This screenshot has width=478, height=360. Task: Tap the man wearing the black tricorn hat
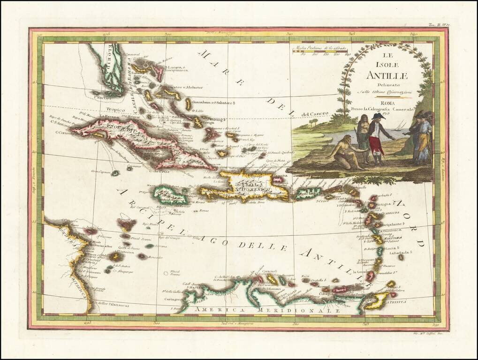(x=377, y=136)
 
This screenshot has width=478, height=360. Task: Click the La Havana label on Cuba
(x=106, y=116)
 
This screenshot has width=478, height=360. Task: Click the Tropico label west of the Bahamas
(x=114, y=110)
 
